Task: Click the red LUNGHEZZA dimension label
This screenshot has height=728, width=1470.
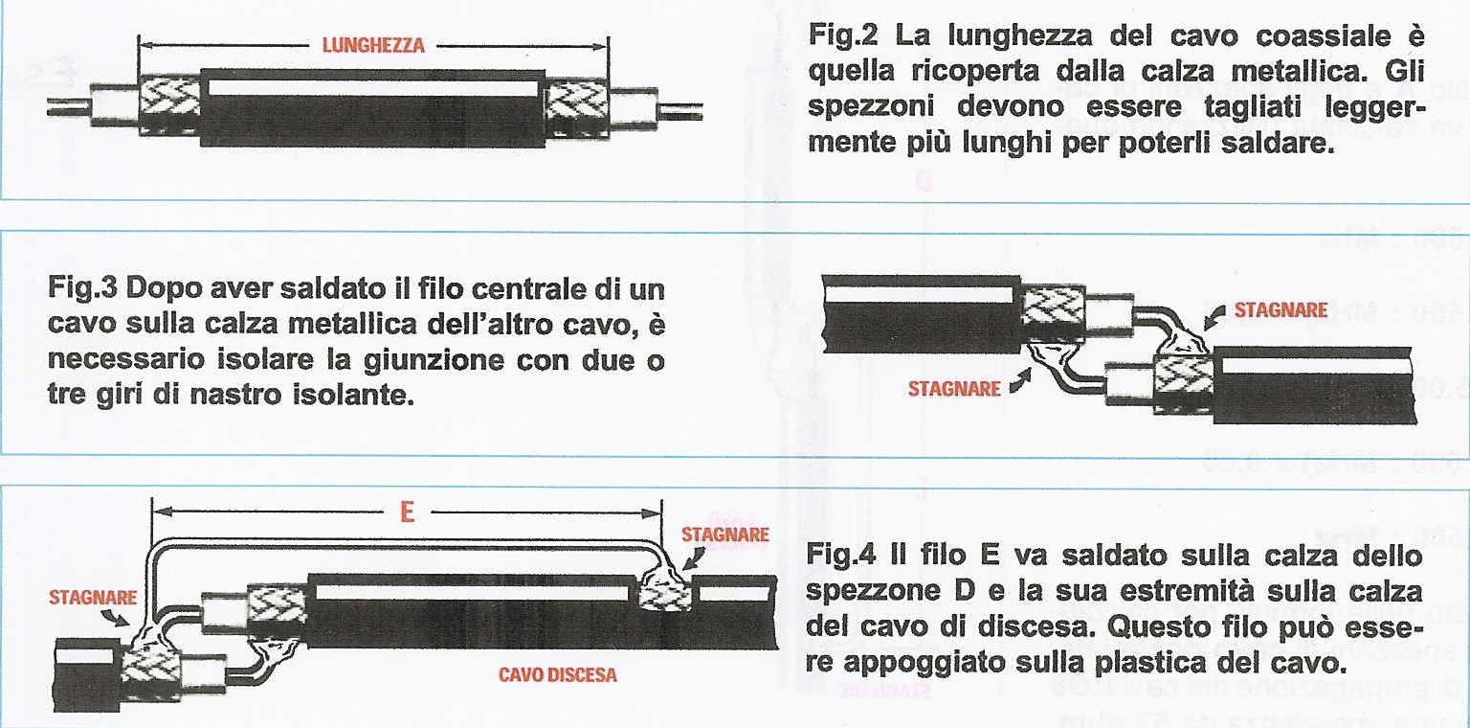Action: coord(373,44)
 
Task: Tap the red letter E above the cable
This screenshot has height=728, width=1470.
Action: coord(407,512)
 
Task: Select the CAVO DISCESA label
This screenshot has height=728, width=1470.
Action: coord(557,675)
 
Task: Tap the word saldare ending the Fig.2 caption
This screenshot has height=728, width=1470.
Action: coord(1279,143)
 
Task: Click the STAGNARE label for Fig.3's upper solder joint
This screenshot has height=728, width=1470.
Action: coord(1281,310)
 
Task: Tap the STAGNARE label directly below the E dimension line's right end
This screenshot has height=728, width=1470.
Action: coord(724,535)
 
